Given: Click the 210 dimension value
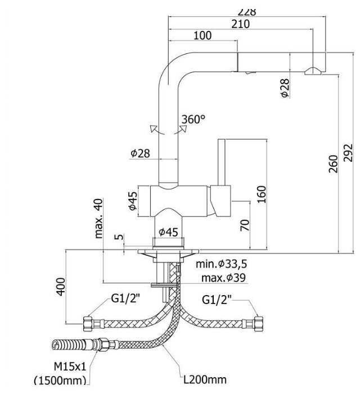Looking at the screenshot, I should [241, 24].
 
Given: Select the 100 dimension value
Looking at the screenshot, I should [202, 36].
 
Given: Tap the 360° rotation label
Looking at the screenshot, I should [193, 119].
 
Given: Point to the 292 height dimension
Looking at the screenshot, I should [348, 152].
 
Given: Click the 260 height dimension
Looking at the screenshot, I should [333, 163].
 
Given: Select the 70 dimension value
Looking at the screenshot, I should [245, 225].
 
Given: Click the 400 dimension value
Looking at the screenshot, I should [61, 286].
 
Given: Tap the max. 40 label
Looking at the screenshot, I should [100, 219].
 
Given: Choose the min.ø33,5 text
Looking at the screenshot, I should [222, 264].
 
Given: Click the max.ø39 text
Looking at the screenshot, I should [223, 277].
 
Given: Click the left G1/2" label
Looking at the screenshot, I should [124, 300].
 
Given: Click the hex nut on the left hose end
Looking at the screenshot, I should [88, 324].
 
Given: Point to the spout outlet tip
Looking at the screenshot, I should [313, 70].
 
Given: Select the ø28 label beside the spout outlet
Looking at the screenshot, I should [285, 89].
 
